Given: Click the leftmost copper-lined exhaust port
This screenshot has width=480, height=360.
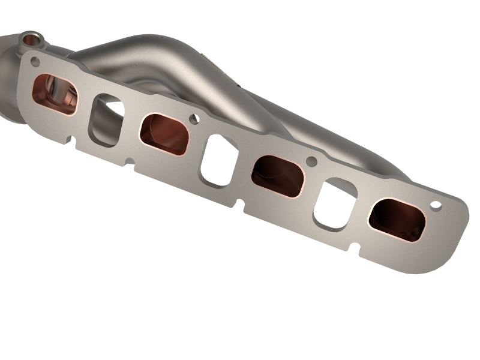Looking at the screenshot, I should [x=55, y=94].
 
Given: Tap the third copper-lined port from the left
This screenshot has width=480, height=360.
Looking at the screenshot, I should [x=277, y=175].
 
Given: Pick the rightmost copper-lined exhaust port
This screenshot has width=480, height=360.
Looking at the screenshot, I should [x=397, y=220].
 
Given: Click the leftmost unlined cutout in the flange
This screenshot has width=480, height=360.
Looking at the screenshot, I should [x=105, y=120].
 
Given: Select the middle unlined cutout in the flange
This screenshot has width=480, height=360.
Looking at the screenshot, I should [x=220, y=160].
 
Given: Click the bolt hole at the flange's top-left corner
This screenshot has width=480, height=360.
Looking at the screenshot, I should [x=35, y=62].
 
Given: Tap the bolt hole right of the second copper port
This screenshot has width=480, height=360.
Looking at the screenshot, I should [x=194, y=119].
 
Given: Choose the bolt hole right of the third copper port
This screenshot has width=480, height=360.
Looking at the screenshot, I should [x=311, y=161].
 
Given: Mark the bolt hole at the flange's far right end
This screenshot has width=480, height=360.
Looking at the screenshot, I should [x=436, y=206].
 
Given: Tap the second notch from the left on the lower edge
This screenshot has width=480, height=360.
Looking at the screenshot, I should [x=128, y=161].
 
